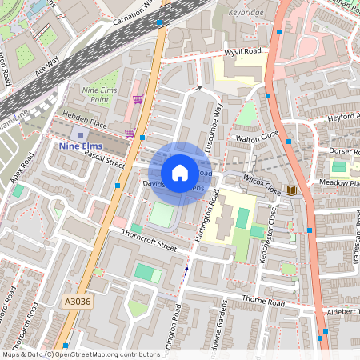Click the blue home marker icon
click(x=180, y=173)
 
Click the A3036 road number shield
click(x=74, y=302)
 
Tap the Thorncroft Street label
click(x=148, y=240)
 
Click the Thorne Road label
click(x=263, y=303)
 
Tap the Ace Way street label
click(x=47, y=66)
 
